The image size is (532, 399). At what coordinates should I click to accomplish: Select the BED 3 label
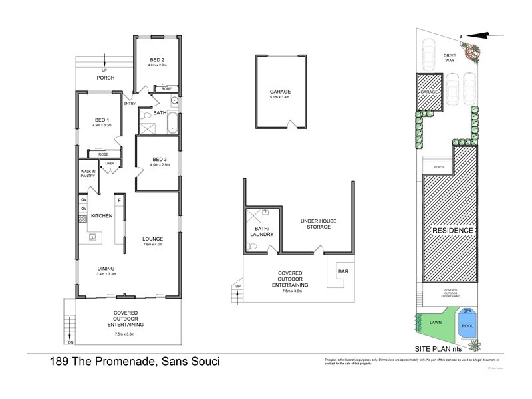pyautogui.click(x=159, y=159)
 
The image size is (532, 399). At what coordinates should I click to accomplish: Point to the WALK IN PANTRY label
pyautogui.click(x=88, y=174)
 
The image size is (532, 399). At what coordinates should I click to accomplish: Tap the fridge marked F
pyautogui.click(x=120, y=200)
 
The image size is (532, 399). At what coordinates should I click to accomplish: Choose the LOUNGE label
pyautogui.click(x=152, y=239)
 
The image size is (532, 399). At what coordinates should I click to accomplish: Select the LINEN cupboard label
pyautogui.click(x=110, y=164)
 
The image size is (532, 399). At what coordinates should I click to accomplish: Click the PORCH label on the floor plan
pyautogui.click(x=105, y=78)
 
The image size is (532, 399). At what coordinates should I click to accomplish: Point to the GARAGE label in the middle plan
pyautogui.click(x=280, y=92)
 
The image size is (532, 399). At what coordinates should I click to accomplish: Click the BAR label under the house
pyautogui.click(x=344, y=271)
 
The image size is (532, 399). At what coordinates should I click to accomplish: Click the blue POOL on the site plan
pyautogui.click(x=467, y=325)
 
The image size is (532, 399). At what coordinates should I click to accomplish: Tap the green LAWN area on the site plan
pyautogui.click(x=436, y=322)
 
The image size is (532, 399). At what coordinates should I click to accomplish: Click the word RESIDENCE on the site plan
pyautogui.click(x=453, y=231)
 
